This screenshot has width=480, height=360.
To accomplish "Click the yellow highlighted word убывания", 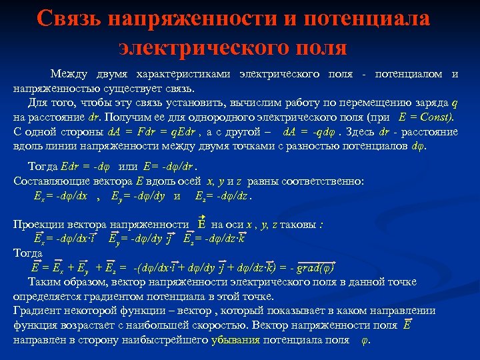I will tap(235, 339).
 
